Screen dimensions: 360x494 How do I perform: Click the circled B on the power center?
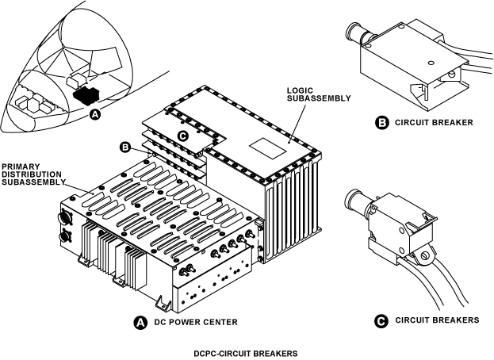124,146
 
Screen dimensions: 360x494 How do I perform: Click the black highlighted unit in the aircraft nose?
84,95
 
